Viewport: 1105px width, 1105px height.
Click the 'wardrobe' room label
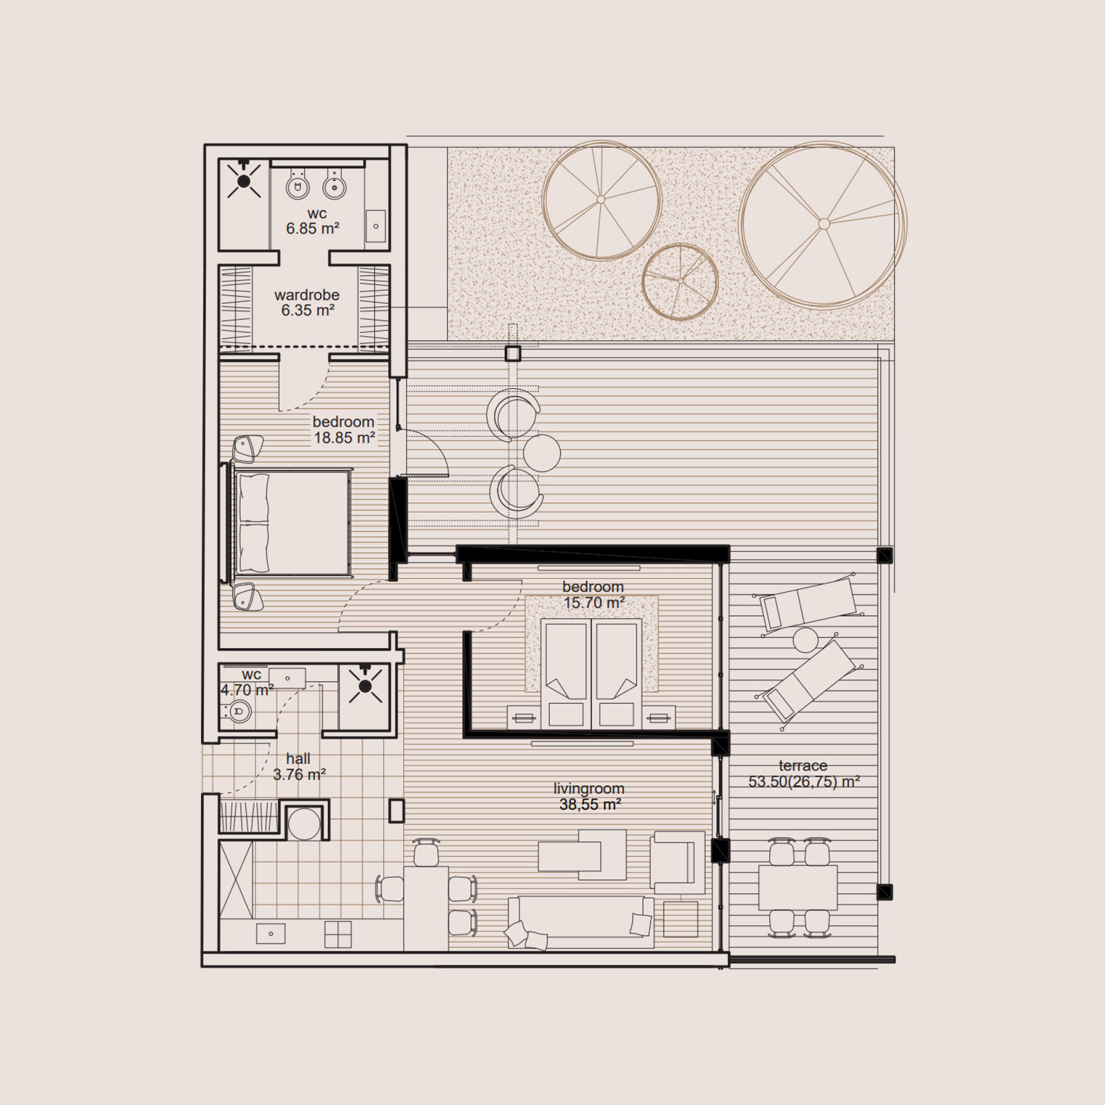point(307,295)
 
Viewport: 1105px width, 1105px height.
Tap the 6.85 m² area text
point(313,228)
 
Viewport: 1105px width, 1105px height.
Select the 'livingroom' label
point(589,788)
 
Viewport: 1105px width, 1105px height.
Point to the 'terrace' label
point(803,765)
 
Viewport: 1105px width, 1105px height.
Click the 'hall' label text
point(298,759)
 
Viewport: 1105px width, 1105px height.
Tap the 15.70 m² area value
point(594,603)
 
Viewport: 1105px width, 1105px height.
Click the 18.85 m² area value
point(345,438)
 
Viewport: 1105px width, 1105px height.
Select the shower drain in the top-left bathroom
point(243,182)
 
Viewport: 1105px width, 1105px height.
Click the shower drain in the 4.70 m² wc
point(365,686)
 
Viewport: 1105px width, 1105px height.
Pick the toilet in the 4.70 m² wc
point(238,709)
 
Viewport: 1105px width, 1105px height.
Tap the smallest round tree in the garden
point(680,282)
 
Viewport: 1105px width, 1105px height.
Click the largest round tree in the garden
point(823,224)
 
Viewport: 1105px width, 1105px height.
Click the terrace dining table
point(798,887)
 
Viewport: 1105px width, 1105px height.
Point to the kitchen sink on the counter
point(271,934)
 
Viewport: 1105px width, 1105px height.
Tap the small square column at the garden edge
point(512,354)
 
